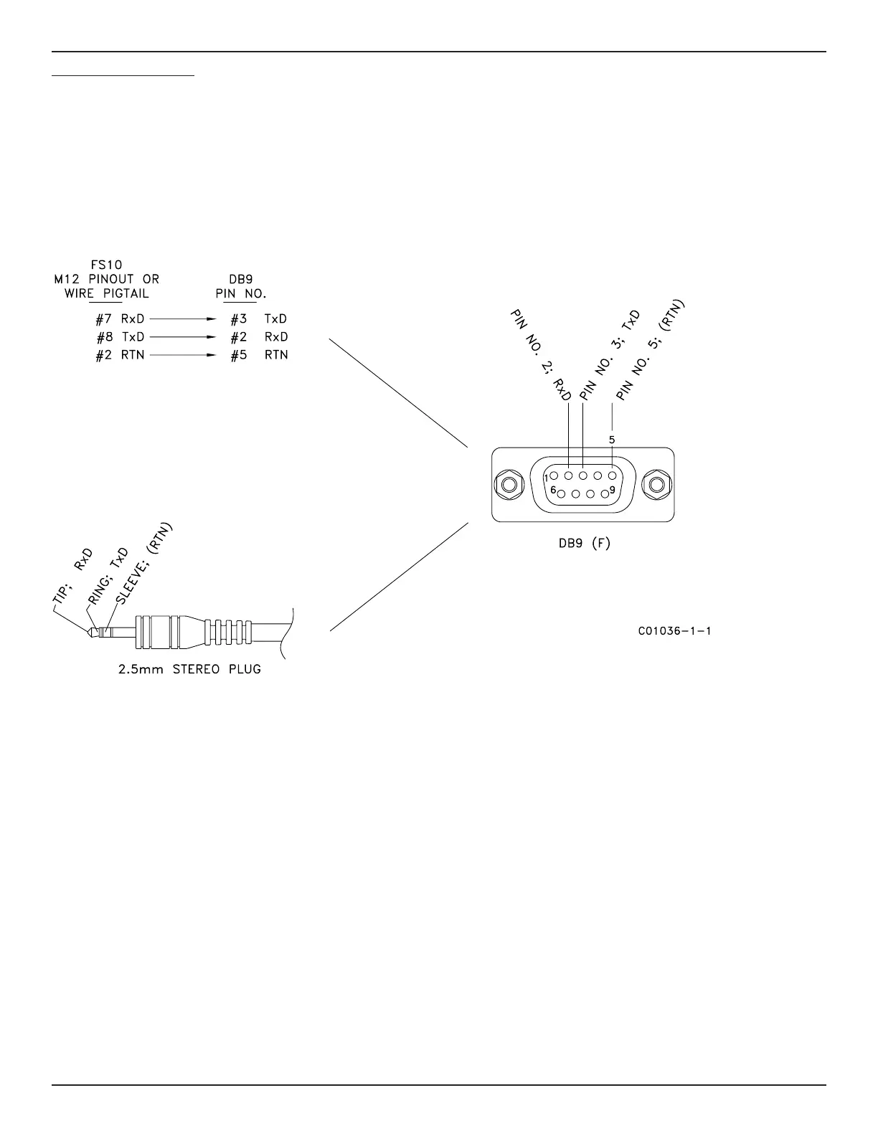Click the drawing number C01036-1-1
pyautogui.click(x=674, y=632)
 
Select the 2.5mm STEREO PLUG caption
pyautogui.click(x=189, y=670)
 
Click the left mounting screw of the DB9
pyautogui.click(x=509, y=486)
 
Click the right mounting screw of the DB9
pyautogui.click(x=655, y=486)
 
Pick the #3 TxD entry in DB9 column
pyautogui.click(x=258, y=319)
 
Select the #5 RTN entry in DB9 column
pyautogui.click(x=258, y=355)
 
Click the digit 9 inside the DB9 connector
pyautogui.click(x=612, y=491)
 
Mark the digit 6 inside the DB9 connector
pyautogui.click(x=553, y=491)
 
